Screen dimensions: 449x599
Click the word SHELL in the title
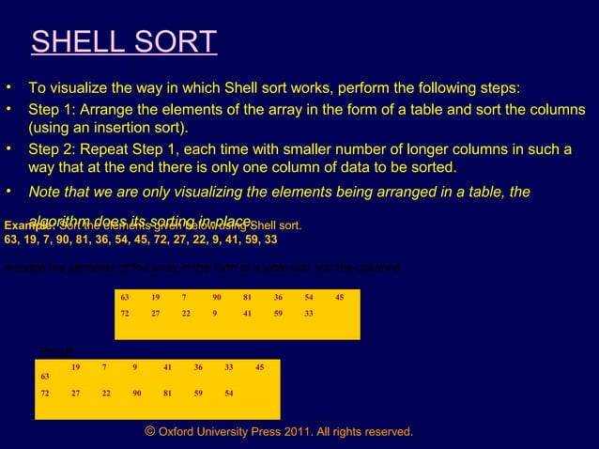[x=74, y=43]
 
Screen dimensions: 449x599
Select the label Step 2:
[x=55, y=149]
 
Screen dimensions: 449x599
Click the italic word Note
[x=47, y=192]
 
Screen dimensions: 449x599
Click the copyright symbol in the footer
[x=149, y=431]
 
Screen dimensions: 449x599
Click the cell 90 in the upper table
[x=217, y=297]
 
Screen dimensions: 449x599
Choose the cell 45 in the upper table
[x=339, y=297]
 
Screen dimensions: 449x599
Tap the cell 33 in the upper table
[x=308, y=314]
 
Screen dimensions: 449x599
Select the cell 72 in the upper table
[x=124, y=314]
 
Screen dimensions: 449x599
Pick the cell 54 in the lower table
[x=229, y=394]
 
